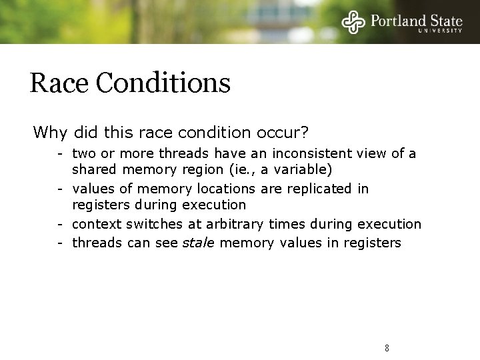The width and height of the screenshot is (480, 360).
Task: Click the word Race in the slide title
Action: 59,83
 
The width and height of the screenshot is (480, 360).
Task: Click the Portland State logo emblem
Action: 353,21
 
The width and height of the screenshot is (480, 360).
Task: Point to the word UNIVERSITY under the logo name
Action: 440,30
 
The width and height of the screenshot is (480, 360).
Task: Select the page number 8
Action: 387,348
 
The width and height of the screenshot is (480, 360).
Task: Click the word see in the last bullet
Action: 167,243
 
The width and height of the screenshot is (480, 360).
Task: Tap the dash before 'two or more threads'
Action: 60,154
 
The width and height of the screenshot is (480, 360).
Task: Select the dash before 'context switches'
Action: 60,224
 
